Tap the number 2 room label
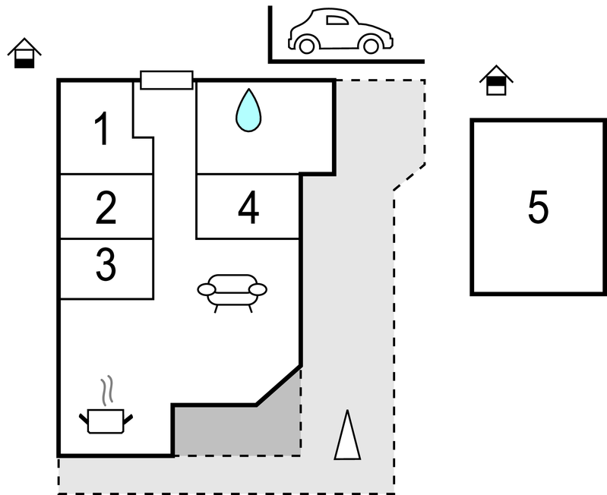[x=106, y=208]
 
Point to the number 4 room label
[x=248, y=208]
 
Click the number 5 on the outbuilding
[x=538, y=207]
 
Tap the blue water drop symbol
[x=248, y=109]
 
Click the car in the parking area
[x=340, y=33]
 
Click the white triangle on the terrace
[x=347, y=436]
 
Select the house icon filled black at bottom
[x=24, y=53]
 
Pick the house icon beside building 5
[x=496, y=80]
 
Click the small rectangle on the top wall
[x=166, y=80]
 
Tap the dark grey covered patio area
[x=243, y=428]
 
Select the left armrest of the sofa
[x=207, y=289]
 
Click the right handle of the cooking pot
[x=128, y=418]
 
